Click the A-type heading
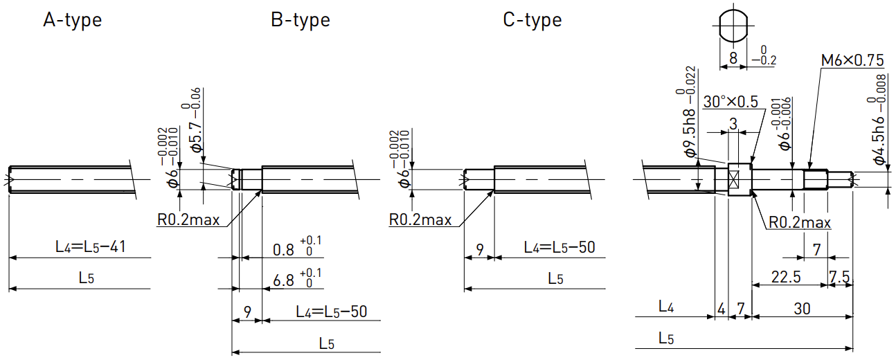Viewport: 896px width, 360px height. coord(73,20)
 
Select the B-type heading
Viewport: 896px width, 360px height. coord(301,20)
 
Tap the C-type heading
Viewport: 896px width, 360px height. coord(532,20)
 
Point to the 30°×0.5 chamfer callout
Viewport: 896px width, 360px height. coord(731,102)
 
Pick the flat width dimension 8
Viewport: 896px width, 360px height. coord(733,58)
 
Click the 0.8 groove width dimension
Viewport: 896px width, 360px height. coord(283,250)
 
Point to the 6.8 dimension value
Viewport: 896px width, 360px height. coord(283,281)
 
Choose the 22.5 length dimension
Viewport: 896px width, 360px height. coord(786,277)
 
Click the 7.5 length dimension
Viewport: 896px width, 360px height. coord(839,277)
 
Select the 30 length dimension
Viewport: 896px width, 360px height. coord(802,309)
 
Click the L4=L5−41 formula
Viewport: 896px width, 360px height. coord(91,246)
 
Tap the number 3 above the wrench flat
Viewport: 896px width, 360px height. coord(733,124)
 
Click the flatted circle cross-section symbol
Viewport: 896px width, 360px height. coord(733,26)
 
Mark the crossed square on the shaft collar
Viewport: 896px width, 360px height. coord(733,179)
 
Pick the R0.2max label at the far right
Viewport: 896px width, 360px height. coord(800,222)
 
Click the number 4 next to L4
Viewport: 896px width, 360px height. coord(722,309)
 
